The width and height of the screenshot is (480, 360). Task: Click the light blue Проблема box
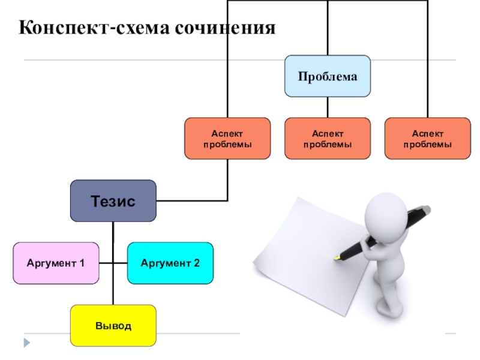tap(327, 76)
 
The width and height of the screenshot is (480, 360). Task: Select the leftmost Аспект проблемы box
tap(227, 139)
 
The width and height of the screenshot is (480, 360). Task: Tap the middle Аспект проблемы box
tap(327, 139)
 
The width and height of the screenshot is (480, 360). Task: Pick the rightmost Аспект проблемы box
tap(427, 139)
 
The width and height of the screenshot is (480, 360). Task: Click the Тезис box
tap(113, 201)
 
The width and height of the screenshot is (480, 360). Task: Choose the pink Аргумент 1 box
tap(56, 263)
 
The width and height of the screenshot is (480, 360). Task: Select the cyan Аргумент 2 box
tap(170, 263)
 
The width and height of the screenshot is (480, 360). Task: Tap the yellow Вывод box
tap(113, 325)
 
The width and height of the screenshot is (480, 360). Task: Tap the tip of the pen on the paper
tap(335, 259)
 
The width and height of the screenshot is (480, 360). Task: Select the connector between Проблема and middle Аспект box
tap(328, 107)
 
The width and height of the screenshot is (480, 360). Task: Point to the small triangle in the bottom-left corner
tap(26, 343)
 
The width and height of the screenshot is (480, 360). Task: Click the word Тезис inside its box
tap(113, 201)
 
